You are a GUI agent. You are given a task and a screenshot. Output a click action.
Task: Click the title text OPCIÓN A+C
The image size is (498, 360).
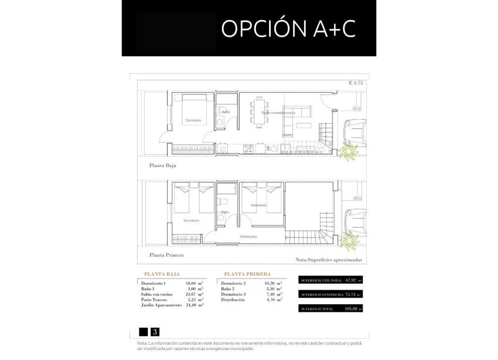click(x=288, y=28)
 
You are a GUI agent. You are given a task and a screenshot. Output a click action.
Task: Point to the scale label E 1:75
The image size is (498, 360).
click(x=355, y=83)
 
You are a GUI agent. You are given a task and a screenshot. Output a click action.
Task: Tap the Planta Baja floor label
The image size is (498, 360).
click(x=162, y=166)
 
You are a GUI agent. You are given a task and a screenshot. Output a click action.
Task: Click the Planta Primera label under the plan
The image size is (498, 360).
click(x=166, y=255)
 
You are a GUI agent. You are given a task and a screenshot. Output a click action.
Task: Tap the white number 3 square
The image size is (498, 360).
click(x=155, y=331)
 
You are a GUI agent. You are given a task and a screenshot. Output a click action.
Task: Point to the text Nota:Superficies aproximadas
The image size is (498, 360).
click(x=330, y=259)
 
